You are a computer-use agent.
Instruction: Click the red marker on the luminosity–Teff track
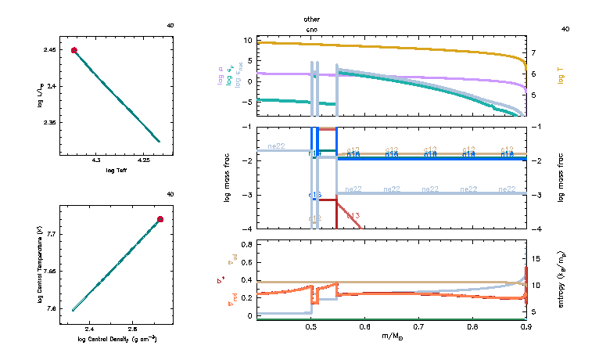pyautogui.click(x=74, y=50)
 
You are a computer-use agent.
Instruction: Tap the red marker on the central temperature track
pyautogui.click(x=160, y=219)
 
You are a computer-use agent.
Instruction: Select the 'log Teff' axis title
pyautogui.click(x=117, y=171)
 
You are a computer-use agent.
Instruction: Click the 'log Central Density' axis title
pyautogui.click(x=117, y=339)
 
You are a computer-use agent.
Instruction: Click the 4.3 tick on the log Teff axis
pyautogui.click(x=97, y=161)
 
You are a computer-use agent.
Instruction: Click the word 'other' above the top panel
pyautogui.click(x=312, y=17)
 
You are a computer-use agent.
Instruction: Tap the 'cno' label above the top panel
pyautogui.click(x=312, y=28)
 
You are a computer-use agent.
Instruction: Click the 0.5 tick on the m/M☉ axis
pyautogui.click(x=311, y=326)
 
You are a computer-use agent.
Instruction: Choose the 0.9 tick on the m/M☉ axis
pyautogui.click(x=525, y=326)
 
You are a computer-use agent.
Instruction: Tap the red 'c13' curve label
pyautogui.click(x=353, y=215)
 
